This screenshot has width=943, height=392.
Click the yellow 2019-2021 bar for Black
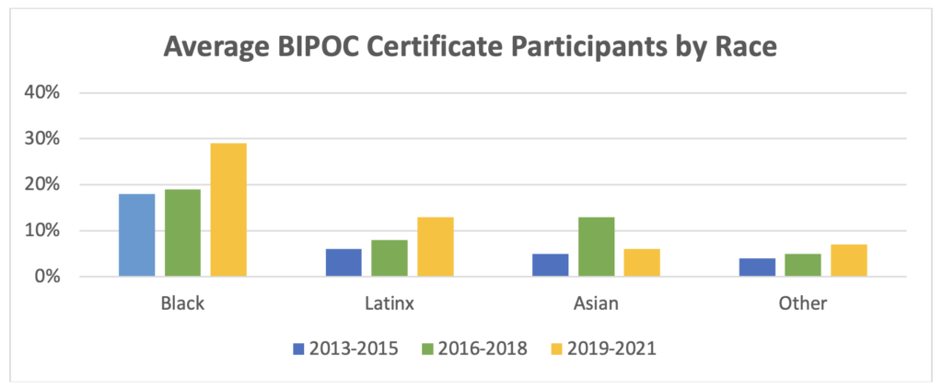tap(228, 210)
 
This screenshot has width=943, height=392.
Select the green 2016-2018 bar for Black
tap(182, 233)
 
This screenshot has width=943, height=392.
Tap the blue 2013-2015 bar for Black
tap(137, 235)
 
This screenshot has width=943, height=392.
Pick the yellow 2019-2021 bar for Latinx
tap(435, 247)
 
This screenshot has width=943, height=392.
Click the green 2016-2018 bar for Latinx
tap(390, 258)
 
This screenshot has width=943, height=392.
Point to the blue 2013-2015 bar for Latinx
tap(344, 263)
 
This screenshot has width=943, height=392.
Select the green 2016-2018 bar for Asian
tap(596, 247)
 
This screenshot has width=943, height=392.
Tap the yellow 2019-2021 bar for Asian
tap(641, 263)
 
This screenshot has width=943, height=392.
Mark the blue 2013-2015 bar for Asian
tap(551, 266)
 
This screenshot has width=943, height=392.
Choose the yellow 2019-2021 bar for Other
tap(848, 261)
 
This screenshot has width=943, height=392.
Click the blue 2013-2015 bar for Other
tap(757, 267)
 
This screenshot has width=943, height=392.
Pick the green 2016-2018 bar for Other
tap(803, 266)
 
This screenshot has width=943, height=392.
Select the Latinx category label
tap(390, 303)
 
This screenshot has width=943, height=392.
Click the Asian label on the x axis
tap(596, 303)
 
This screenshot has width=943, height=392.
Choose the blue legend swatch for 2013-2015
tap(297, 349)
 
